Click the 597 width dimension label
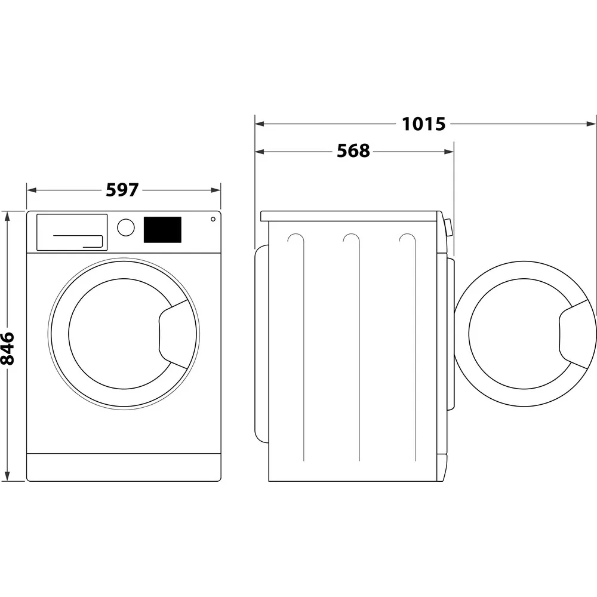coord(122,190)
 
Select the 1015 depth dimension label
coord(423,124)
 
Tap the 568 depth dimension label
coord(353,151)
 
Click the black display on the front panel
coord(162,230)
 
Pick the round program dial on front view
coord(126,227)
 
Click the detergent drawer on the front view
coord(72,232)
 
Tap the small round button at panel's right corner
coord(213,220)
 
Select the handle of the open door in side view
coord(576,334)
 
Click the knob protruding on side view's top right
coord(448,227)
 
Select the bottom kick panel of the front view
coord(124,467)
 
